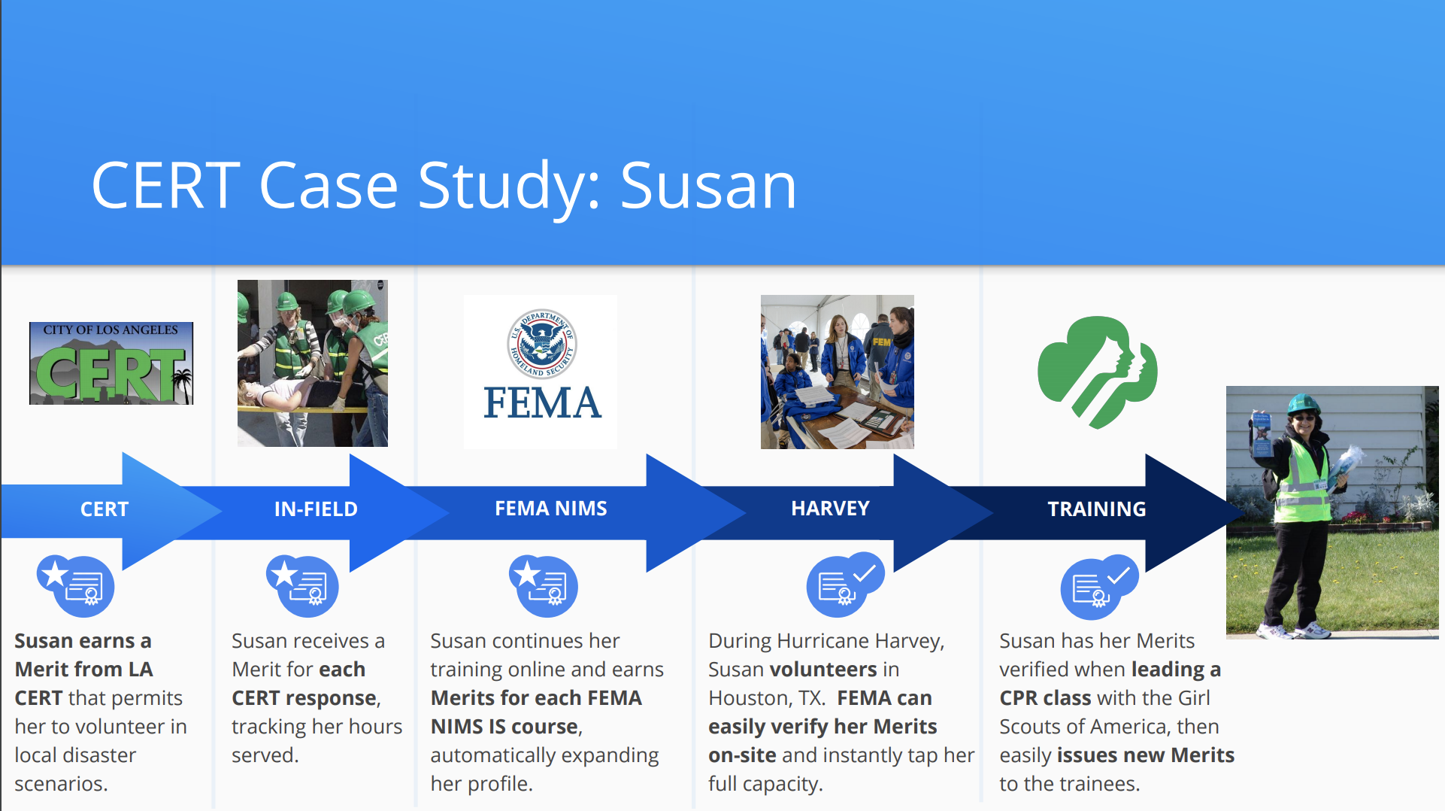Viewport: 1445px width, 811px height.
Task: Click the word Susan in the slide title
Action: (x=708, y=186)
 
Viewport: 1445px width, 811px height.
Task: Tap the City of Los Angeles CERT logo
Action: (x=111, y=363)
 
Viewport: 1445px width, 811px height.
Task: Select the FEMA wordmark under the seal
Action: (x=542, y=402)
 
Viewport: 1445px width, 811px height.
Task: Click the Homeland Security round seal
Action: (x=541, y=344)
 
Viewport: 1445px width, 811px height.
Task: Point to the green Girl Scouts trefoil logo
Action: (x=1097, y=372)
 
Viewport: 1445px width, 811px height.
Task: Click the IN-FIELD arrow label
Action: (x=316, y=509)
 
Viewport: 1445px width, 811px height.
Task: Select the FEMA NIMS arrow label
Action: (x=551, y=509)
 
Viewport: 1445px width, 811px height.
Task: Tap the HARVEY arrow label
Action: (x=830, y=509)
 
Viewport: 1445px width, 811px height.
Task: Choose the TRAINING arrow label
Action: (x=1097, y=509)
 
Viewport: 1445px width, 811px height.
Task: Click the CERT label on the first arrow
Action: (x=105, y=509)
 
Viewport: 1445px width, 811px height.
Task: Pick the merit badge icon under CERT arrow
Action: (x=76, y=586)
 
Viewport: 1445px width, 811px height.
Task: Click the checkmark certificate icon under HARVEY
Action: (x=845, y=585)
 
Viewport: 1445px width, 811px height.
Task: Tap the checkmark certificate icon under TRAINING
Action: (x=1099, y=587)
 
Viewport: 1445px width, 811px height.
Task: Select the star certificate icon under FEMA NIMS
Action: (x=544, y=586)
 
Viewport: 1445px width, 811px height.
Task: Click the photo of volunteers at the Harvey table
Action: (x=838, y=372)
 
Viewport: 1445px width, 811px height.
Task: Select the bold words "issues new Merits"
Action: (x=1146, y=755)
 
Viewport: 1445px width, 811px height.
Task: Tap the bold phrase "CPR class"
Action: (x=1045, y=698)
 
